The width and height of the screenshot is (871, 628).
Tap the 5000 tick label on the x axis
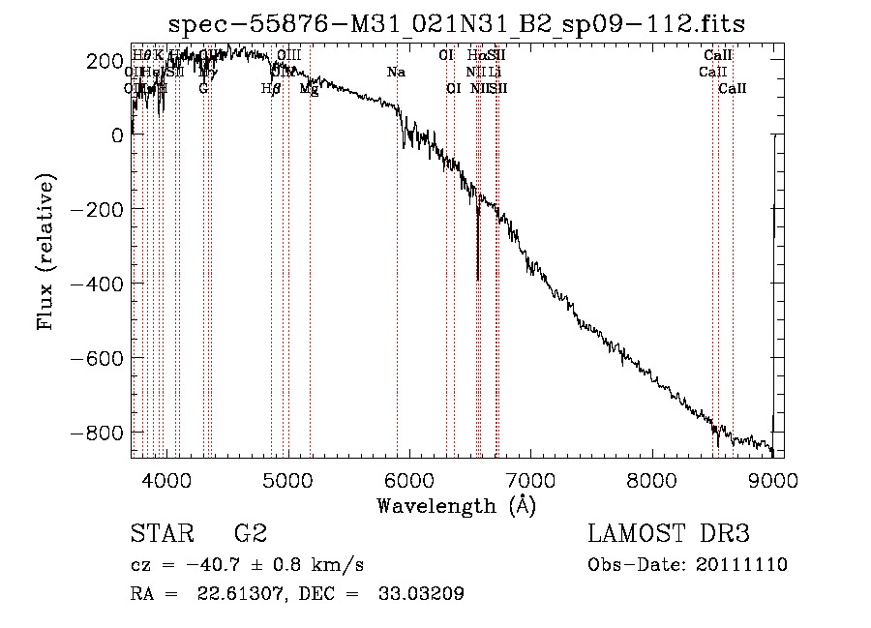(x=287, y=481)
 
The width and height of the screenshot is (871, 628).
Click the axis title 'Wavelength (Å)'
(x=456, y=505)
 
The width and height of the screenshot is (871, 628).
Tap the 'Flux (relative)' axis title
(x=46, y=251)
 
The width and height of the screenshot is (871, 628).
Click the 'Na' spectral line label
(x=396, y=73)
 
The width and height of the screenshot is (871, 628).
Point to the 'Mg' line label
(x=309, y=88)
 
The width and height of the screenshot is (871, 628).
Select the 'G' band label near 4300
(x=203, y=88)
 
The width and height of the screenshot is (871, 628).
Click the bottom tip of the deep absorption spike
(x=478, y=280)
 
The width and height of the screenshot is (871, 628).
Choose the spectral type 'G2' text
(x=251, y=534)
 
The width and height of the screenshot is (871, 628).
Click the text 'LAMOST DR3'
(x=668, y=534)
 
